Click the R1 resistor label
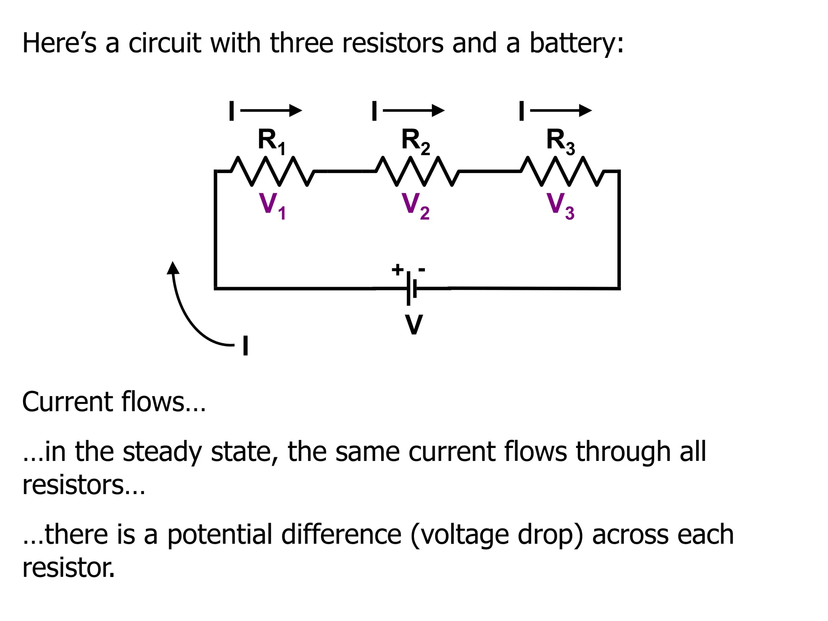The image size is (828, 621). point(272,141)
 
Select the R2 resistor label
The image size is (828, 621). point(415,141)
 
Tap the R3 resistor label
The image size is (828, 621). point(560,141)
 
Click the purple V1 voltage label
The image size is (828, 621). point(272,205)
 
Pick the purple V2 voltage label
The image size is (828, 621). point(415,205)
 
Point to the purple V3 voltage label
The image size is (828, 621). point(560,205)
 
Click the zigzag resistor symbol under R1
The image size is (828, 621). point(272,171)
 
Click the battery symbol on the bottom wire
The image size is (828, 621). point(412,289)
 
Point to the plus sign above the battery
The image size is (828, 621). point(397,269)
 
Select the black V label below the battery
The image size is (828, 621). point(414,325)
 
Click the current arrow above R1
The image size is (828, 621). point(271,110)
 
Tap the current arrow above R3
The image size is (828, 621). point(561,110)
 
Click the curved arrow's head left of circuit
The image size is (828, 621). point(173,268)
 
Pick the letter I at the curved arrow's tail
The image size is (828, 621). point(245,346)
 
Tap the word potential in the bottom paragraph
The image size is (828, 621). point(220,535)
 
